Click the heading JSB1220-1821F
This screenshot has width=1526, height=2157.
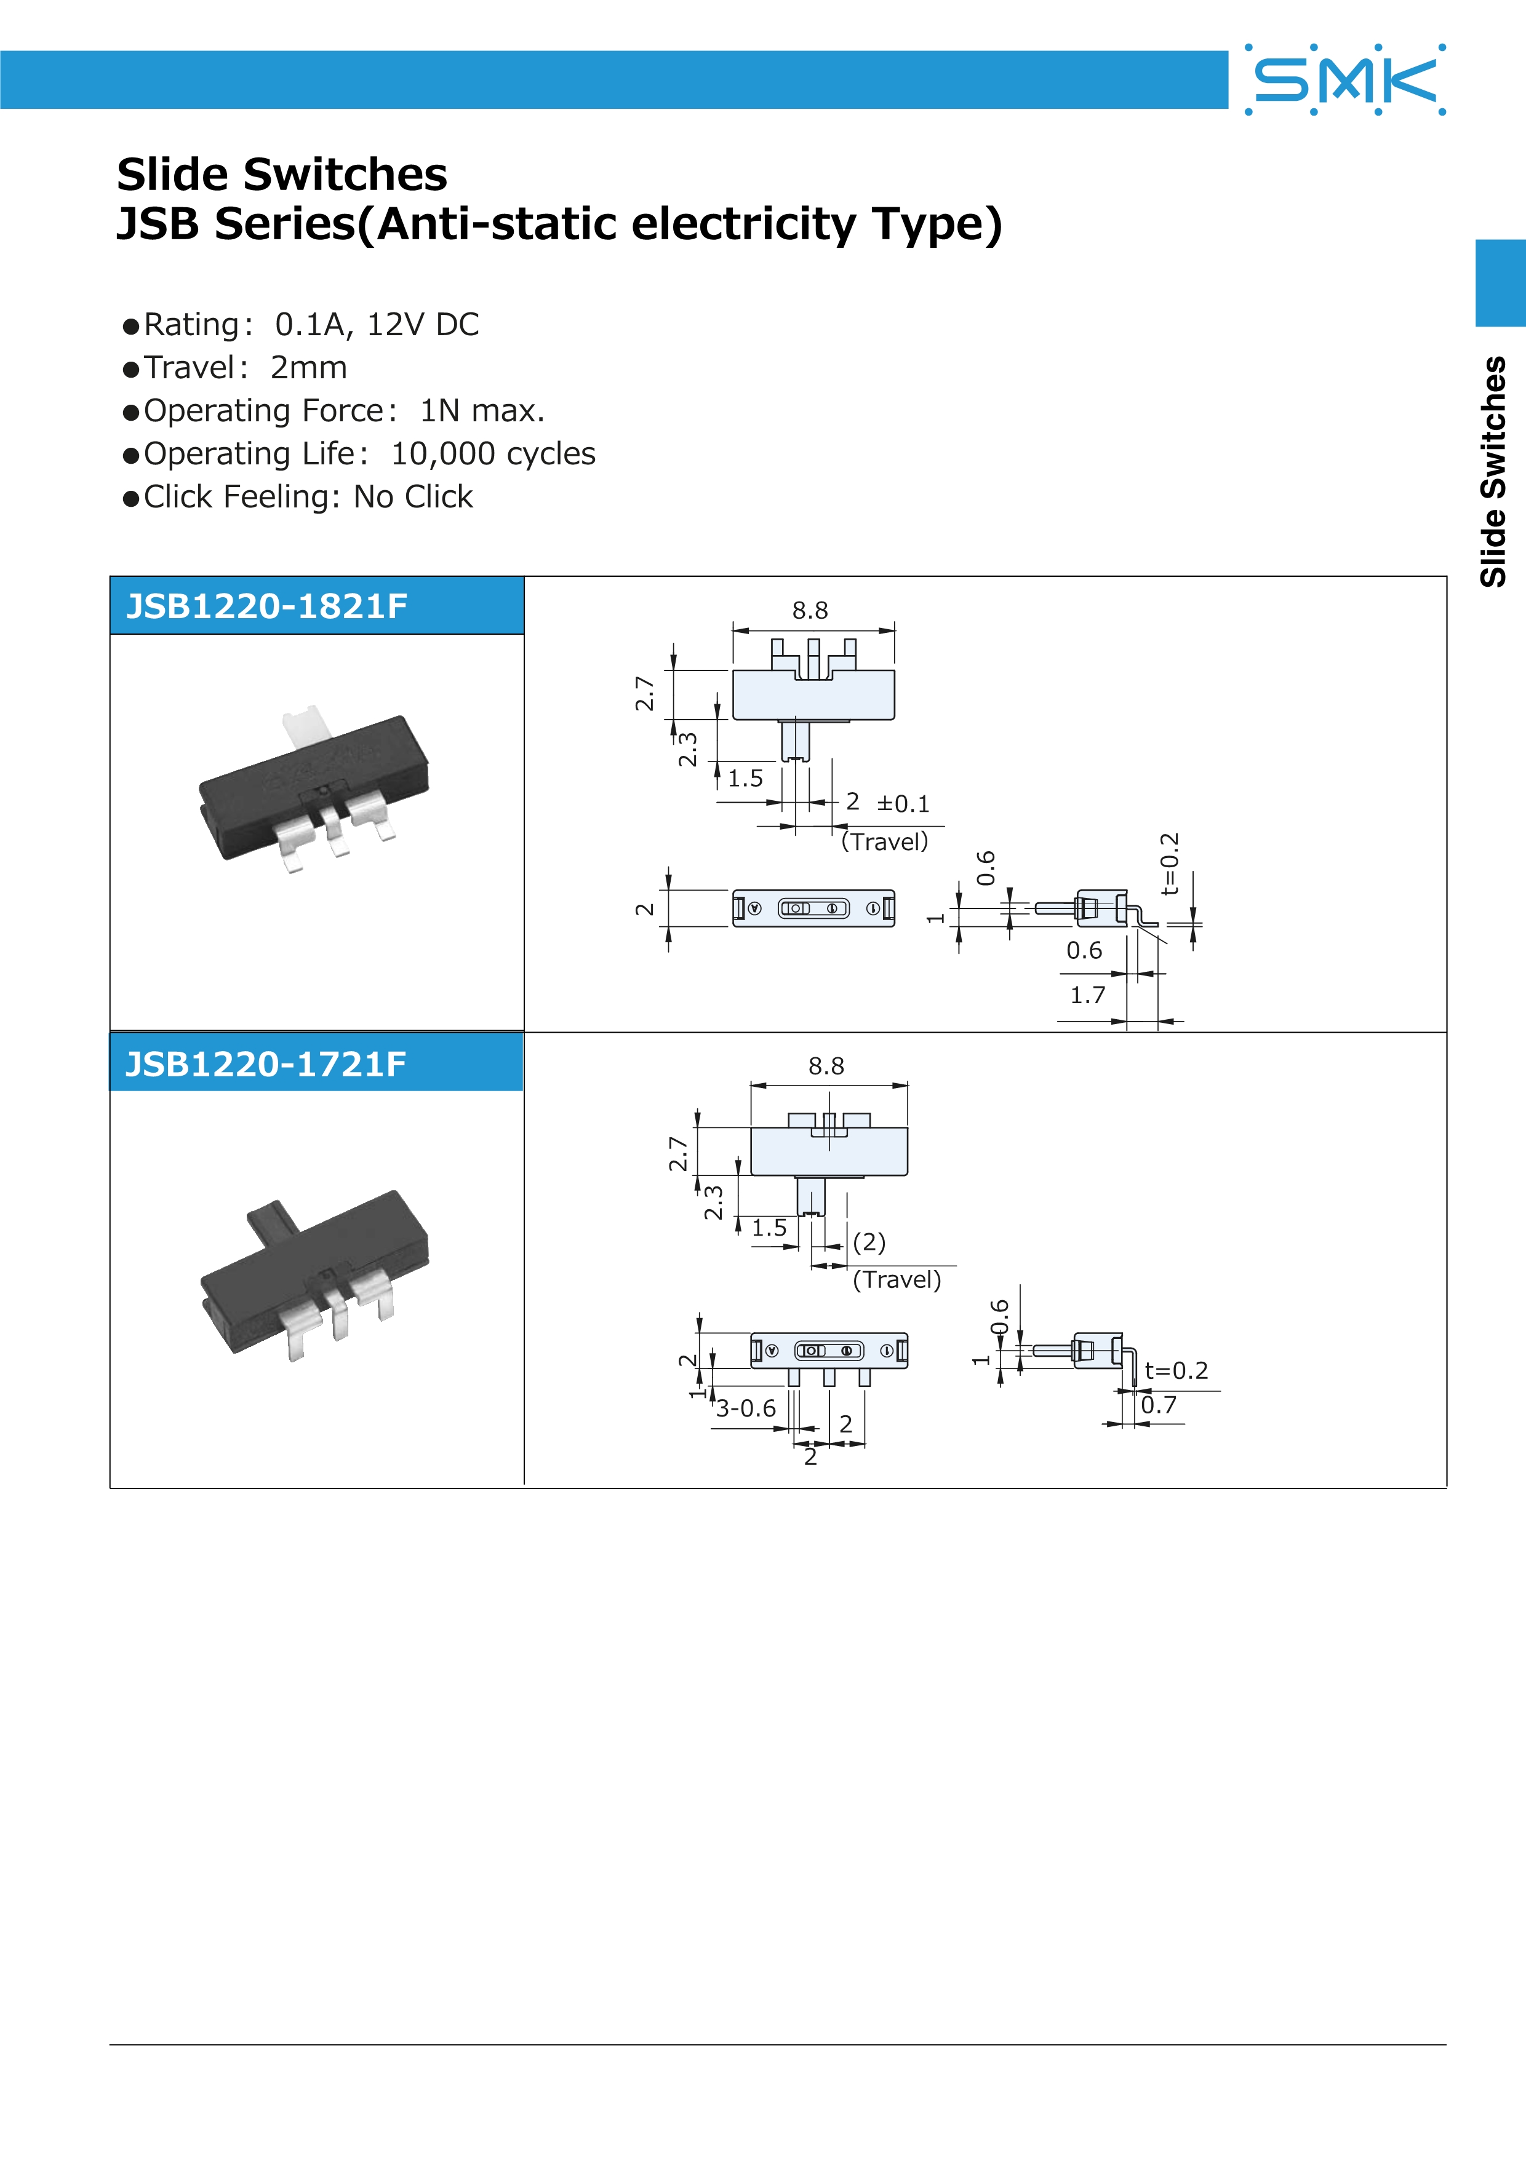(267, 606)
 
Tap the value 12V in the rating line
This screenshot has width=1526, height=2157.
(394, 324)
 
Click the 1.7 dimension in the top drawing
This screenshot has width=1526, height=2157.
(1087, 995)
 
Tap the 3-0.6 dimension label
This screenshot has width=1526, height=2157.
(746, 1408)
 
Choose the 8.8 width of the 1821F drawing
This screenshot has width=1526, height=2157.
(809, 611)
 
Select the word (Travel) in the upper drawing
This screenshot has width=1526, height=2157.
(884, 842)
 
